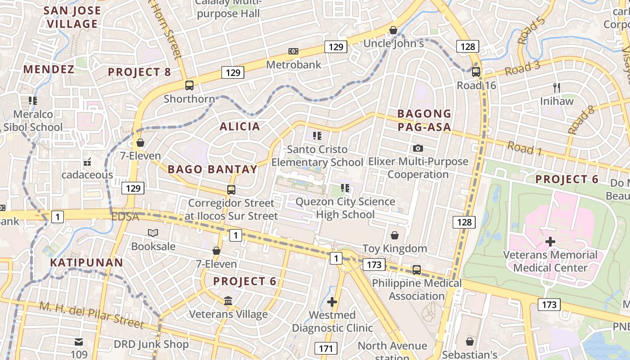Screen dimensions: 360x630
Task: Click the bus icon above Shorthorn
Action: click(189, 85)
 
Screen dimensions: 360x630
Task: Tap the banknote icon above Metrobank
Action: click(293, 51)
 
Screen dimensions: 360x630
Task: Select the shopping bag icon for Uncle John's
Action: click(393, 30)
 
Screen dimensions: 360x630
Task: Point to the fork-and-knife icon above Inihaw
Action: click(557, 88)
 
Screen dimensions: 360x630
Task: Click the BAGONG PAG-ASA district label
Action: click(424, 120)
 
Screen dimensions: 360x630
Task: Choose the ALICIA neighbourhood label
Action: click(240, 126)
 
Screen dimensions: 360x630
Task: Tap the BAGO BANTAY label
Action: click(212, 169)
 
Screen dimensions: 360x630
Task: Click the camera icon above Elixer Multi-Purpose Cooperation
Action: click(418, 148)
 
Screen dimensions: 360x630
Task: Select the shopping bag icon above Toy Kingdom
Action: click(395, 235)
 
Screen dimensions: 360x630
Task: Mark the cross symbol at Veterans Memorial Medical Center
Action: click(550, 242)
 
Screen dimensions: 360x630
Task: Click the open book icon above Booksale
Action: click(153, 233)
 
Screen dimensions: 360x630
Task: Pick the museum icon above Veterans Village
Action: click(228, 301)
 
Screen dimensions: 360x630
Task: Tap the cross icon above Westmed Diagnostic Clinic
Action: click(332, 301)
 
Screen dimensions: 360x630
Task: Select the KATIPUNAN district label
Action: click(86, 262)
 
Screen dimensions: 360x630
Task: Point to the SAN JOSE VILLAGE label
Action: click(72, 17)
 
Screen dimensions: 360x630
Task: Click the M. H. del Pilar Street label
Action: click(92, 315)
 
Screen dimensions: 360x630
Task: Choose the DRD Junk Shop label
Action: click(151, 345)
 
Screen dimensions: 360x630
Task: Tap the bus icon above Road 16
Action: click(476, 72)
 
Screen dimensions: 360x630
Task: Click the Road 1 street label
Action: click(524, 148)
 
